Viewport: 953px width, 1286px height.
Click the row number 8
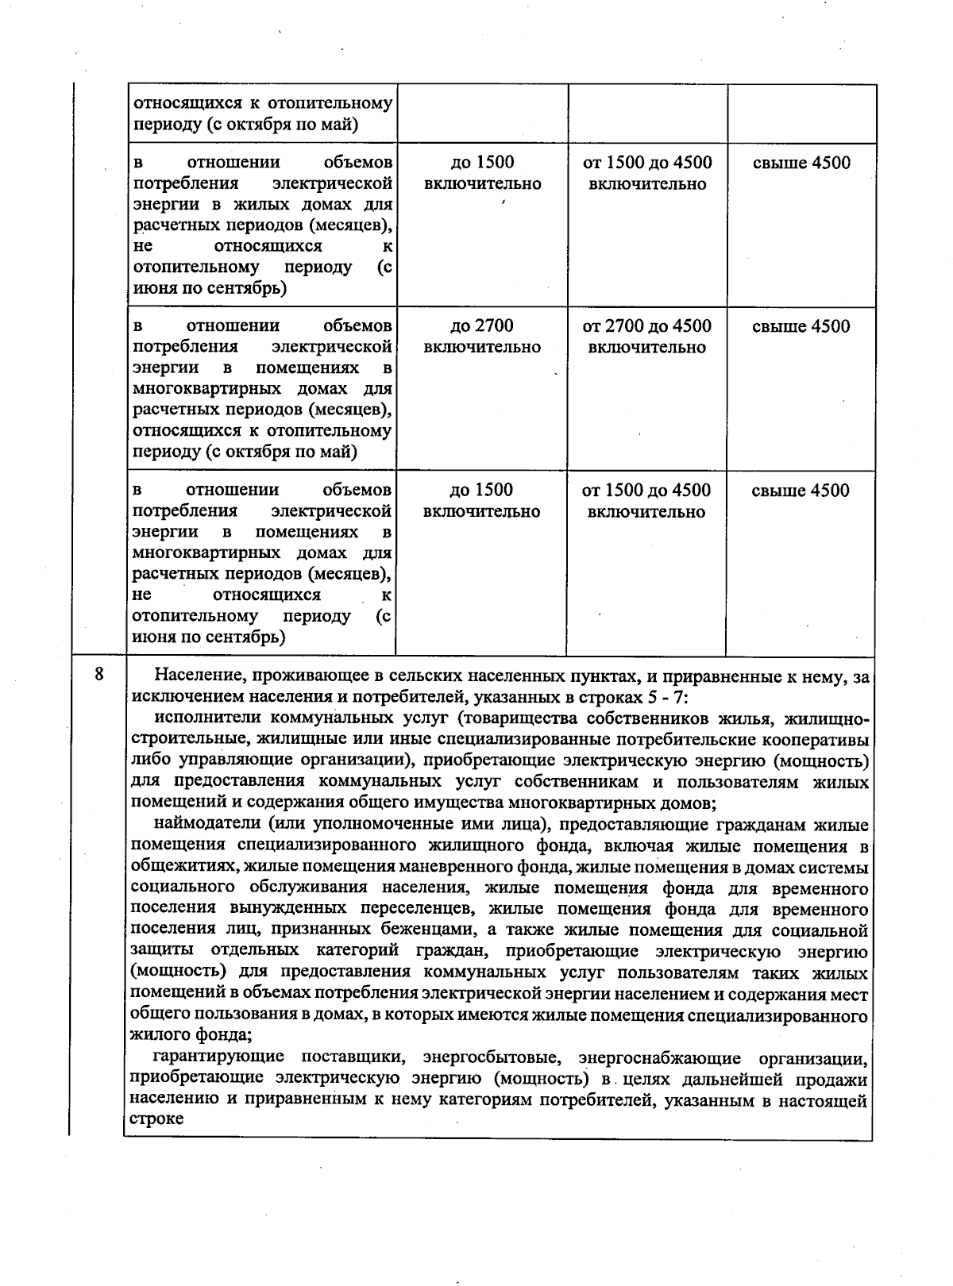[98, 676]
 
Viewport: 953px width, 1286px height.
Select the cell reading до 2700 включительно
[482, 337]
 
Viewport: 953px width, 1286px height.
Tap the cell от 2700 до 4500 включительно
[646, 337]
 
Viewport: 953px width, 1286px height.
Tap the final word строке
[156, 1120]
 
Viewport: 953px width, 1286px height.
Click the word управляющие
[226, 761]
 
